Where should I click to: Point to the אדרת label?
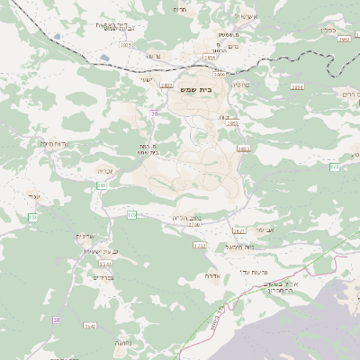tap(213, 275)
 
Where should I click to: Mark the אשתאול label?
tap(245, 16)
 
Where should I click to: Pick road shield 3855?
tap(243, 148)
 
